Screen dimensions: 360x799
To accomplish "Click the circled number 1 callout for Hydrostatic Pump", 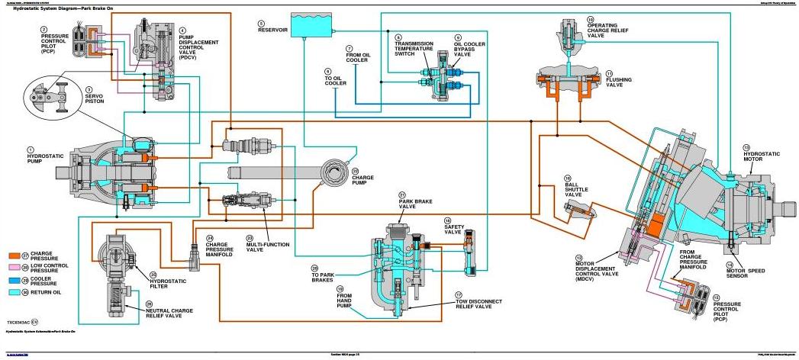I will [31, 149].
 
